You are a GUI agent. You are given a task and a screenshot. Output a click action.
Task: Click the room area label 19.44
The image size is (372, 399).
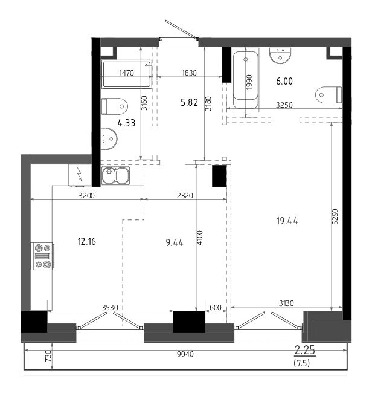(x=287, y=221)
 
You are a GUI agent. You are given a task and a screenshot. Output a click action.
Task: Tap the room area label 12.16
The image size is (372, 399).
(x=87, y=241)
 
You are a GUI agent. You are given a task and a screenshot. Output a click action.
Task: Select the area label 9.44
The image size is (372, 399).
(x=175, y=243)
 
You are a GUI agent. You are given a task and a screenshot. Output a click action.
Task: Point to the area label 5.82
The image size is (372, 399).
(x=189, y=102)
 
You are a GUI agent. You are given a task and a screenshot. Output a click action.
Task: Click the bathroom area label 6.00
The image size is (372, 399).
(x=284, y=81)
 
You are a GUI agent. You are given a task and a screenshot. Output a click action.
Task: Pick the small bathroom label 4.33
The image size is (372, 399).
(x=126, y=123)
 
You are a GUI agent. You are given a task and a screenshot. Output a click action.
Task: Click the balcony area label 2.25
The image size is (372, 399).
(x=304, y=351)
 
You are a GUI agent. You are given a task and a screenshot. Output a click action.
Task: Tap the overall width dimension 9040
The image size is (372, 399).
(x=185, y=354)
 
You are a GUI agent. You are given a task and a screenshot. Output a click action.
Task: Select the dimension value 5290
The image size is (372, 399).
(x=335, y=216)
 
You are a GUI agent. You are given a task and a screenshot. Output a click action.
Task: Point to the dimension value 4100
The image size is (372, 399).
(x=200, y=238)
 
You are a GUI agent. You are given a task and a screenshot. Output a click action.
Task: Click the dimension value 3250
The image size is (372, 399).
(x=284, y=105)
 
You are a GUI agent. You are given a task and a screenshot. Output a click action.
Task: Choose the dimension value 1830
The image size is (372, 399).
(x=189, y=73)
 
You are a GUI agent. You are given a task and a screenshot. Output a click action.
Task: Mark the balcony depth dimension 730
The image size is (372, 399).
(x=48, y=356)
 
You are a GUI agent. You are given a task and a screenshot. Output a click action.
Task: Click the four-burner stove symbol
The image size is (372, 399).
(x=42, y=256)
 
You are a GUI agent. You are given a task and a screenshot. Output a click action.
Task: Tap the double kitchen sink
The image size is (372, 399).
(x=115, y=175)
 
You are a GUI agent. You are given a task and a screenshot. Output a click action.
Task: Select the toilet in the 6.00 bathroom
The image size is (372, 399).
(x=329, y=95)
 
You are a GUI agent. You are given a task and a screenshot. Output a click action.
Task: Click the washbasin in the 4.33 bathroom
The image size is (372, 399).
(x=109, y=138)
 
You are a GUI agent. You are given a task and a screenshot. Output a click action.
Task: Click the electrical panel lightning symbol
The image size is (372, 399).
(x=80, y=175)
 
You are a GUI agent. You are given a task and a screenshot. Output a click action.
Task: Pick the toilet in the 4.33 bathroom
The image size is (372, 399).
(x=114, y=106)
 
